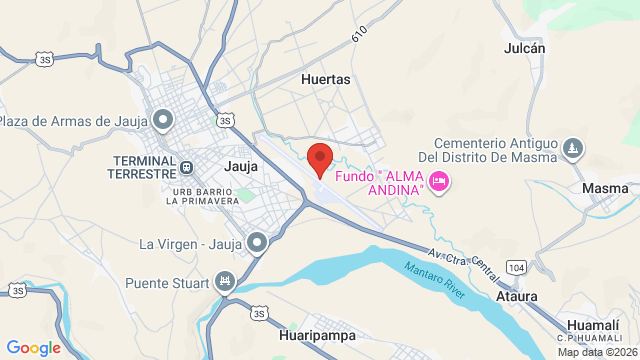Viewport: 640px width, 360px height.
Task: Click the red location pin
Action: [x=319, y=159]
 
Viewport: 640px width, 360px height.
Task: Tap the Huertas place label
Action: [x=326, y=76]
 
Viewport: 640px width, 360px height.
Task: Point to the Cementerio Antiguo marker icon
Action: [x=572, y=149]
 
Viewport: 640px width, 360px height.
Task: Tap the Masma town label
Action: [x=604, y=188]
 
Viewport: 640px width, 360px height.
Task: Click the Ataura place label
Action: [x=517, y=296]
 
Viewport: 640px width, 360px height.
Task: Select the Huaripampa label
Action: [x=318, y=336]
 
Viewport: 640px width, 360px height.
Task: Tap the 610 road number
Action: [x=359, y=36]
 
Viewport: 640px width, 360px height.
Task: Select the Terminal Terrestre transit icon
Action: [x=187, y=166]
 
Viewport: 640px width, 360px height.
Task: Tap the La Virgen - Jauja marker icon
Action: [x=258, y=242]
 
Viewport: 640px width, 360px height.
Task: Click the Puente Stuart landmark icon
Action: [x=224, y=282]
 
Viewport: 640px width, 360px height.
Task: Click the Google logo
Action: [x=33, y=347]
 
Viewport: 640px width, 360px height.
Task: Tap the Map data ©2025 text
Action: [x=597, y=352]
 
